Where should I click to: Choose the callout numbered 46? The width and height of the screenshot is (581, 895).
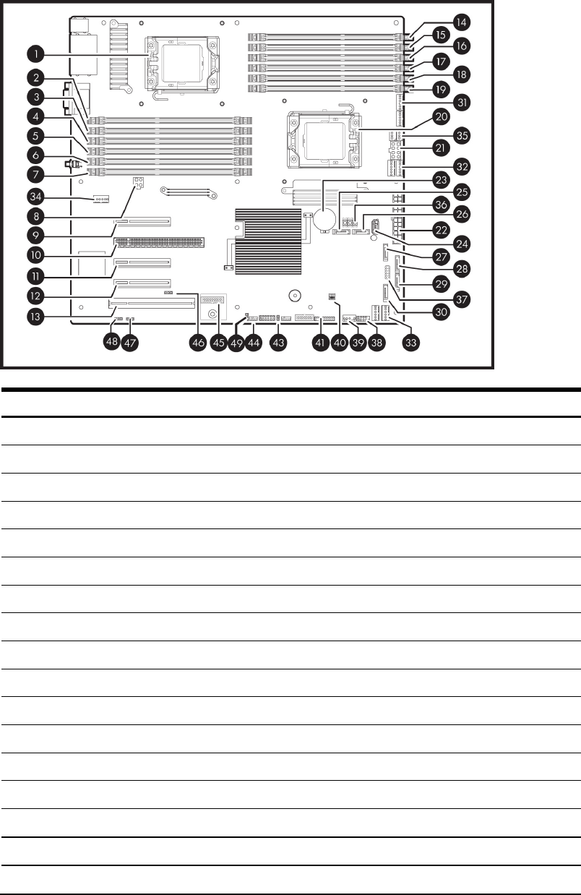197,344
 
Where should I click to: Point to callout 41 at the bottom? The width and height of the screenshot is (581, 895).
319,344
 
